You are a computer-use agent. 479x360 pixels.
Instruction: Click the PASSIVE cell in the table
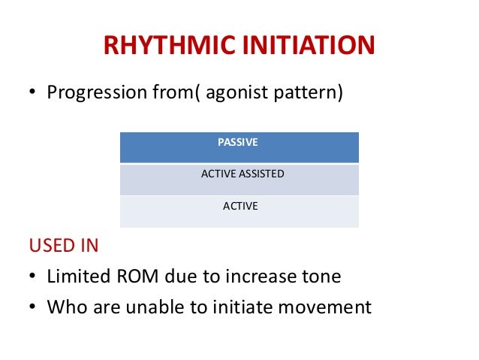click(239, 142)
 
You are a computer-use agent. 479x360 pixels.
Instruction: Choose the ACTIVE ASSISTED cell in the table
click(239, 174)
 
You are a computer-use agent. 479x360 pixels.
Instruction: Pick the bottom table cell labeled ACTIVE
click(239, 205)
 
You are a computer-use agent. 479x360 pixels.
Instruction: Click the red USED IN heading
click(64, 246)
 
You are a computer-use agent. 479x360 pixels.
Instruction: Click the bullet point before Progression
click(33, 95)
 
